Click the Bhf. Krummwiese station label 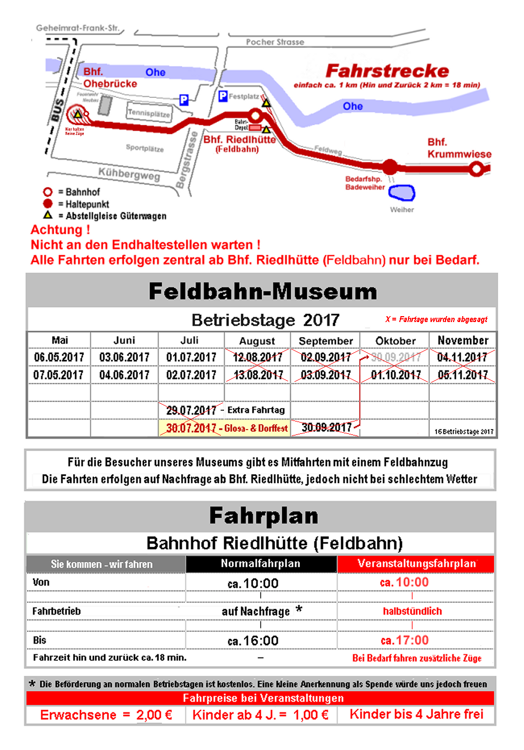458,148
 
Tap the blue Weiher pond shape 402,192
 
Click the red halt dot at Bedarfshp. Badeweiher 391,167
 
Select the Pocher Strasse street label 275,42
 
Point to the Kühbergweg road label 129,173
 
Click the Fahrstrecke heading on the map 387,71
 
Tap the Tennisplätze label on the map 149,113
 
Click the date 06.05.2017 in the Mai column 59,358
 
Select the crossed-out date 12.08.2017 257,358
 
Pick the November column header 463,340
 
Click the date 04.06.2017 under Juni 124,375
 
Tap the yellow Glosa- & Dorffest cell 224,428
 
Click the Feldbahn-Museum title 263,291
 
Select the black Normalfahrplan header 261,563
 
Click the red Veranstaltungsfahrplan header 417,563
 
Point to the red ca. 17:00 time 405,640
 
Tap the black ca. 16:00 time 253,641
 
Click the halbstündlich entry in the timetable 412,611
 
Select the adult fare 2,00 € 154,715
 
